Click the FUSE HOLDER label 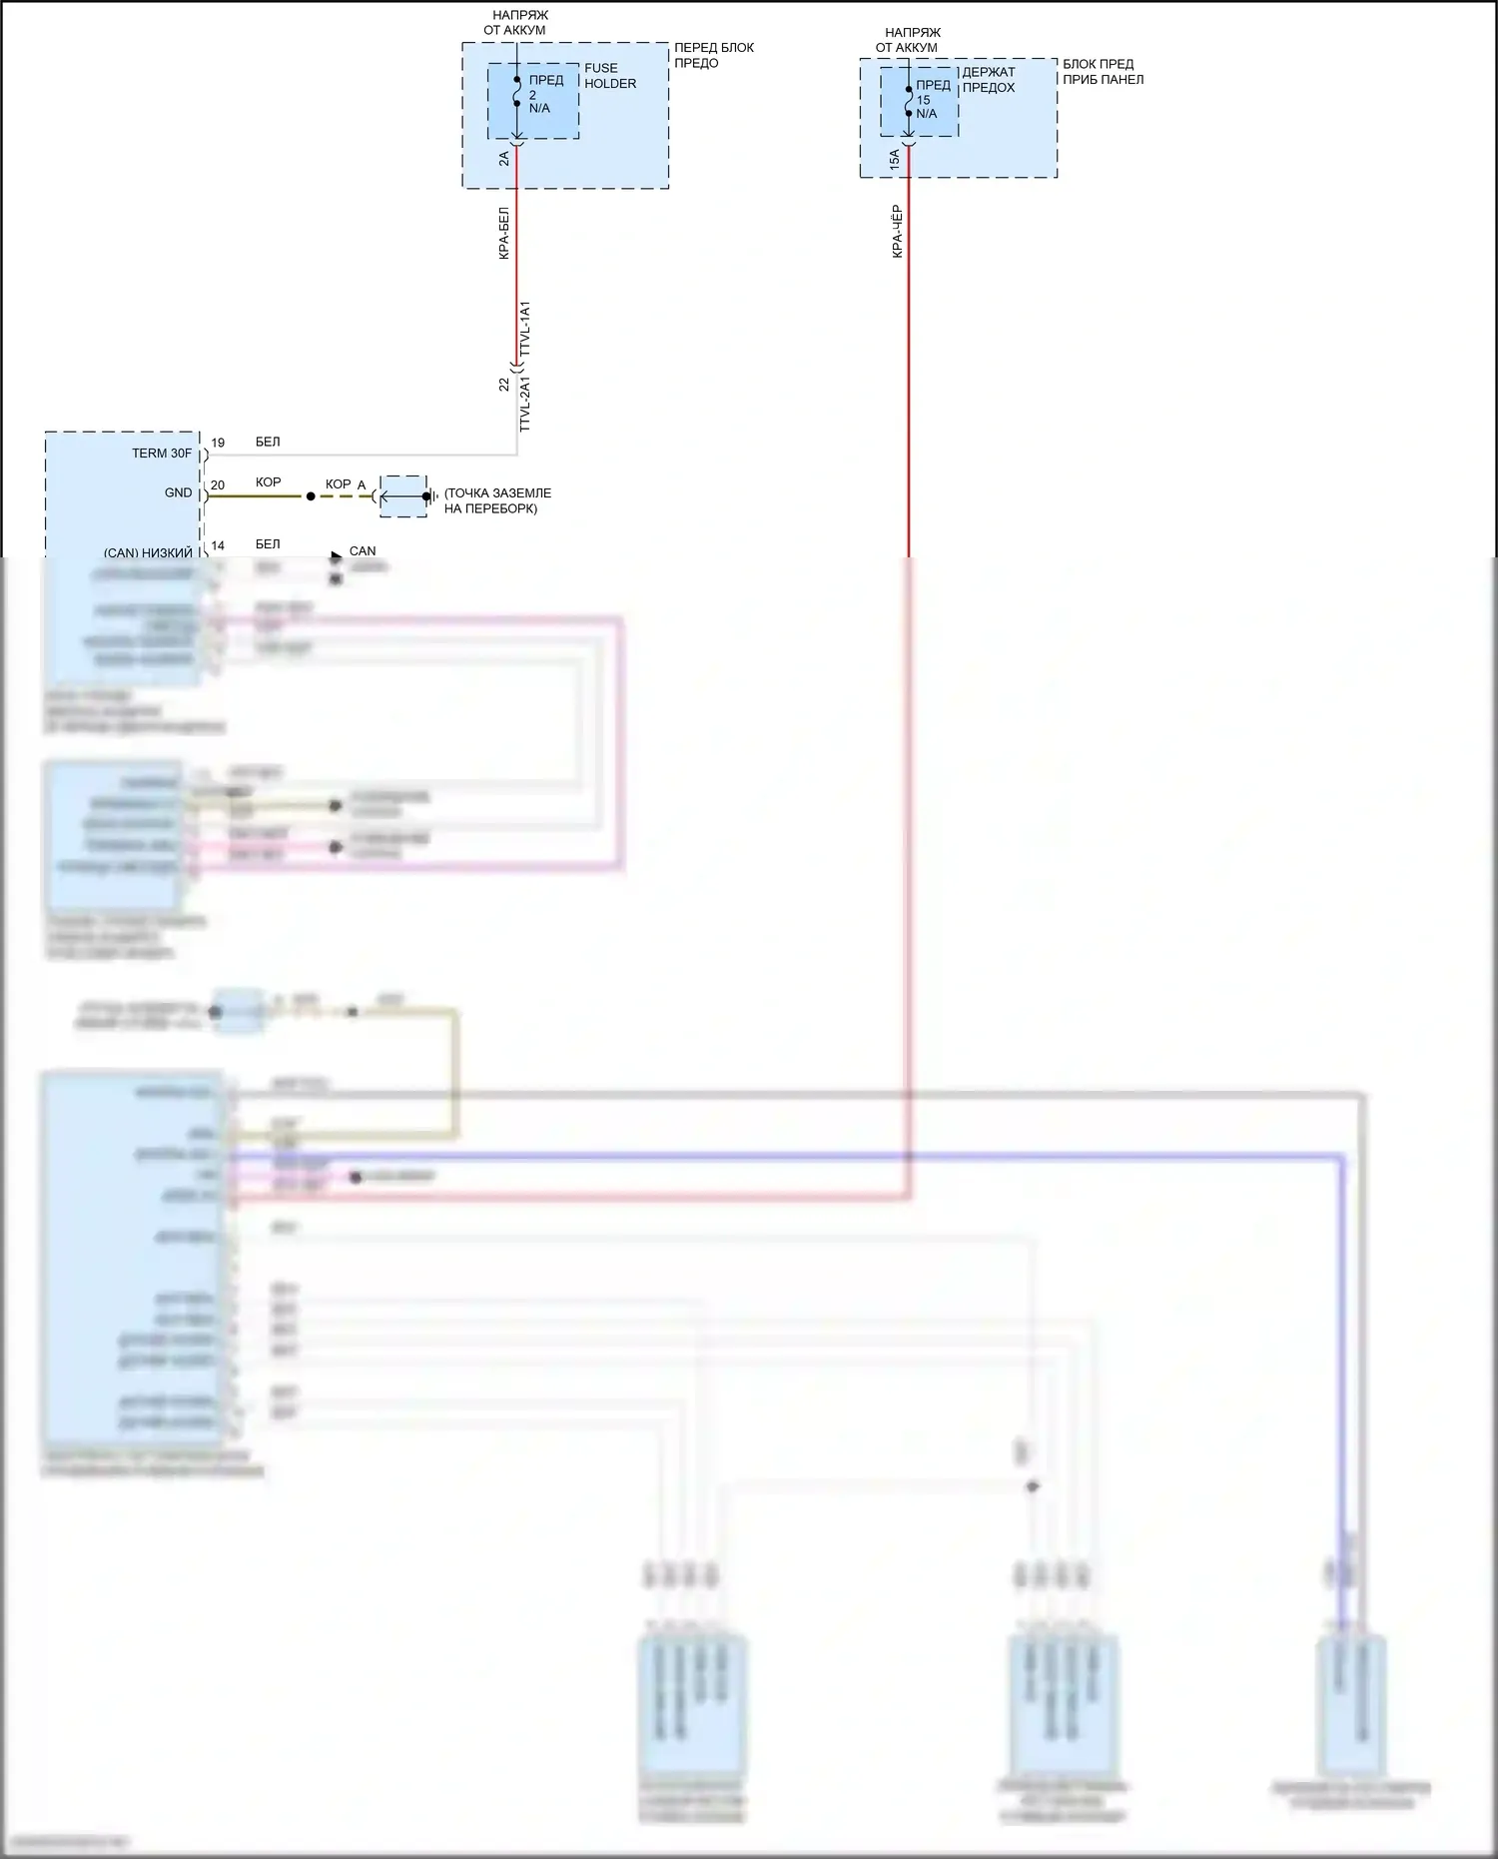tap(609, 76)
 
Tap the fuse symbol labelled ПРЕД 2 tap(516, 92)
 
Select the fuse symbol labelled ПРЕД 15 tap(909, 101)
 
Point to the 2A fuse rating tap(504, 158)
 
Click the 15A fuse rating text tap(895, 159)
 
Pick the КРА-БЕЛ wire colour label tap(504, 234)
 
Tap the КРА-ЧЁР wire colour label tap(897, 232)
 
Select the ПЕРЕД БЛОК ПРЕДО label tap(713, 55)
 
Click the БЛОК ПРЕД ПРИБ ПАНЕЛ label tap(1103, 72)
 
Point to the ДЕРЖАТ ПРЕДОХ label tap(988, 80)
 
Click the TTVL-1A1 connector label tap(525, 329)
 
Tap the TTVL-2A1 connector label tap(525, 405)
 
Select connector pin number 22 tap(504, 385)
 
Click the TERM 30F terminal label tap(162, 454)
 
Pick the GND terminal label tap(178, 492)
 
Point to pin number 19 tap(218, 443)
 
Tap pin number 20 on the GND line tap(218, 485)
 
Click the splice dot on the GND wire tap(311, 496)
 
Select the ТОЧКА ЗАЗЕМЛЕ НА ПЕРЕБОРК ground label tap(496, 500)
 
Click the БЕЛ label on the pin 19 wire tap(268, 442)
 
